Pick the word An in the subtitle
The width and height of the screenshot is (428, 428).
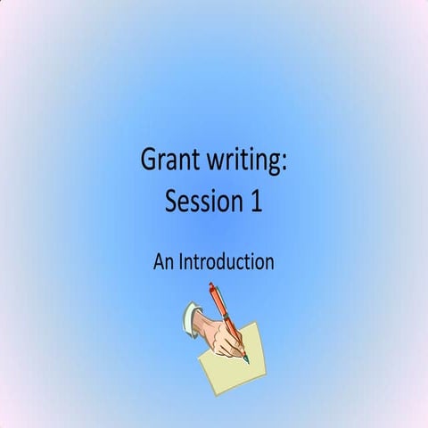point(163,262)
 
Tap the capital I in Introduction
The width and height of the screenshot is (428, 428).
point(182,262)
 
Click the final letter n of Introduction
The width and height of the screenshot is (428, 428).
point(268,264)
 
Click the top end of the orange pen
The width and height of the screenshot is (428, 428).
point(212,286)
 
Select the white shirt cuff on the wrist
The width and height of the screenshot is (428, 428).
point(190,316)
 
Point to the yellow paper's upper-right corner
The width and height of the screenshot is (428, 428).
point(256,323)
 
